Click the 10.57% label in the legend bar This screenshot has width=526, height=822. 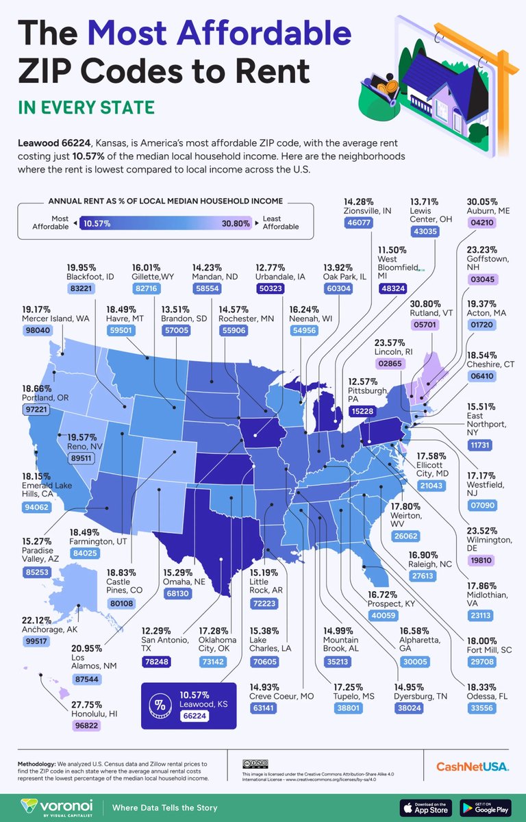[x=98, y=223]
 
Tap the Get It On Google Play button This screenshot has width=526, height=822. [x=486, y=806]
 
